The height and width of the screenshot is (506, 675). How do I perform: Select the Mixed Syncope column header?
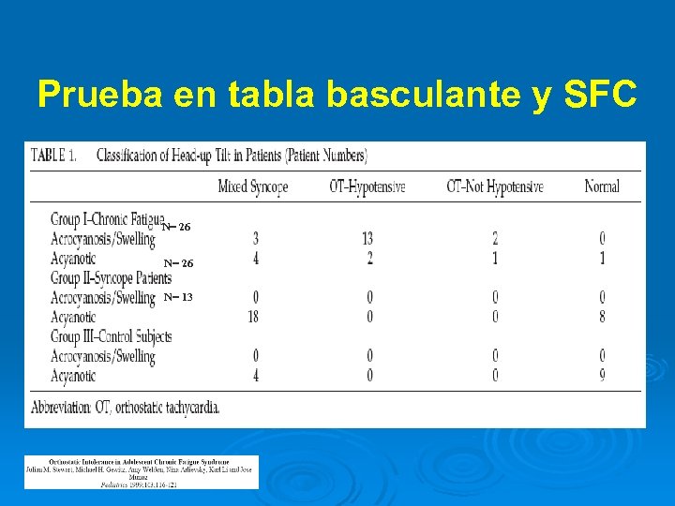[x=252, y=186]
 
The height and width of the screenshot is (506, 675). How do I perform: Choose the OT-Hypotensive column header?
[x=367, y=186]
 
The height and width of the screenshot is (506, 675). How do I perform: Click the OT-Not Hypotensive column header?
[x=494, y=186]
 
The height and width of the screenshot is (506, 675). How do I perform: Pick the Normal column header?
[x=601, y=186]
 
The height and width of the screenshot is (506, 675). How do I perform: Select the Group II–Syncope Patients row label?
[x=111, y=278]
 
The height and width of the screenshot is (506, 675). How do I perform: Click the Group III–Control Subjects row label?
[x=111, y=336]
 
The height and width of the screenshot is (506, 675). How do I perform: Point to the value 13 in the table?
[x=367, y=239]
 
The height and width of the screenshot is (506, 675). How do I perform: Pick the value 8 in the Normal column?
[x=601, y=317]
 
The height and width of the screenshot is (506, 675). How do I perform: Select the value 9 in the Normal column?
[x=601, y=376]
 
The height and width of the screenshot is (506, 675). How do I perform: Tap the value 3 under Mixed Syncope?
[x=254, y=239]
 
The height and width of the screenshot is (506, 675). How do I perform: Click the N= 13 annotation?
[x=178, y=297]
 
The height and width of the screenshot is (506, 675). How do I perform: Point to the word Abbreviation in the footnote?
[x=67, y=408]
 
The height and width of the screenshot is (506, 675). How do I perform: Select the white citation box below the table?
[x=141, y=471]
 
